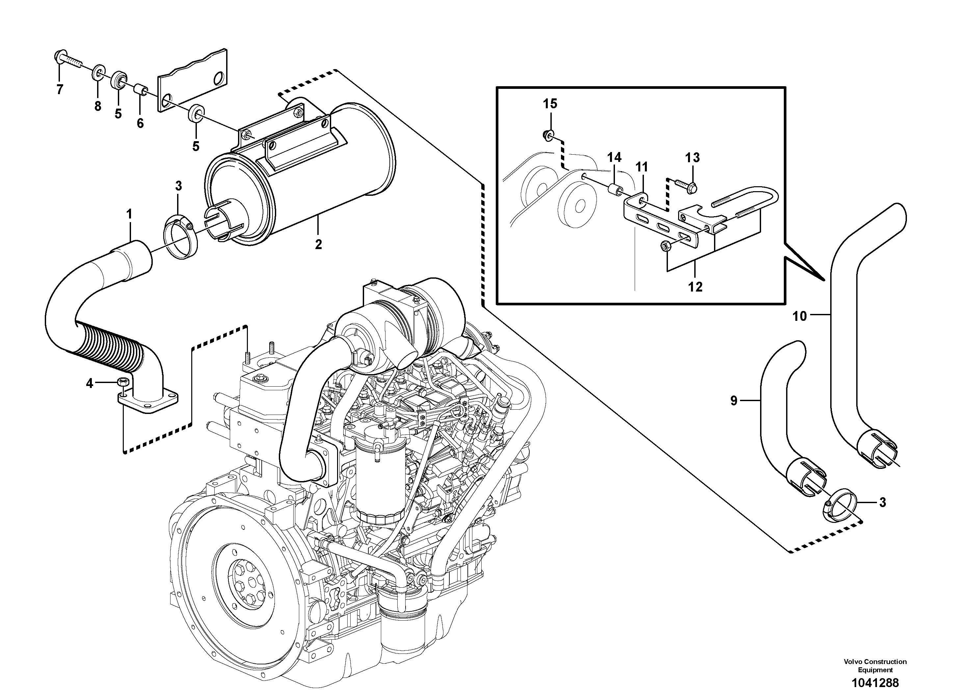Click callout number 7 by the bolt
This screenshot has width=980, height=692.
(x=60, y=89)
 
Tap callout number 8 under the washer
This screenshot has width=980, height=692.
(x=98, y=106)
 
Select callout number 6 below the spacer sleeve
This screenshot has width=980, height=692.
(x=140, y=123)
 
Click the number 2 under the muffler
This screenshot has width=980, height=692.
(x=318, y=244)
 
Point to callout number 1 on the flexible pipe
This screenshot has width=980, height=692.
(x=129, y=214)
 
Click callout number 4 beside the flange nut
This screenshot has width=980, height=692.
(x=89, y=384)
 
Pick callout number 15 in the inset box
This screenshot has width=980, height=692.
(x=550, y=104)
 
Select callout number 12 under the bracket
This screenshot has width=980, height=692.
(x=695, y=287)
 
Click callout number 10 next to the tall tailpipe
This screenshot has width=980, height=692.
(x=800, y=316)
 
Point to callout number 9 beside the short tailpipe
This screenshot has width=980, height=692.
(x=734, y=400)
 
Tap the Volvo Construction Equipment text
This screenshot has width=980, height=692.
(x=875, y=665)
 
